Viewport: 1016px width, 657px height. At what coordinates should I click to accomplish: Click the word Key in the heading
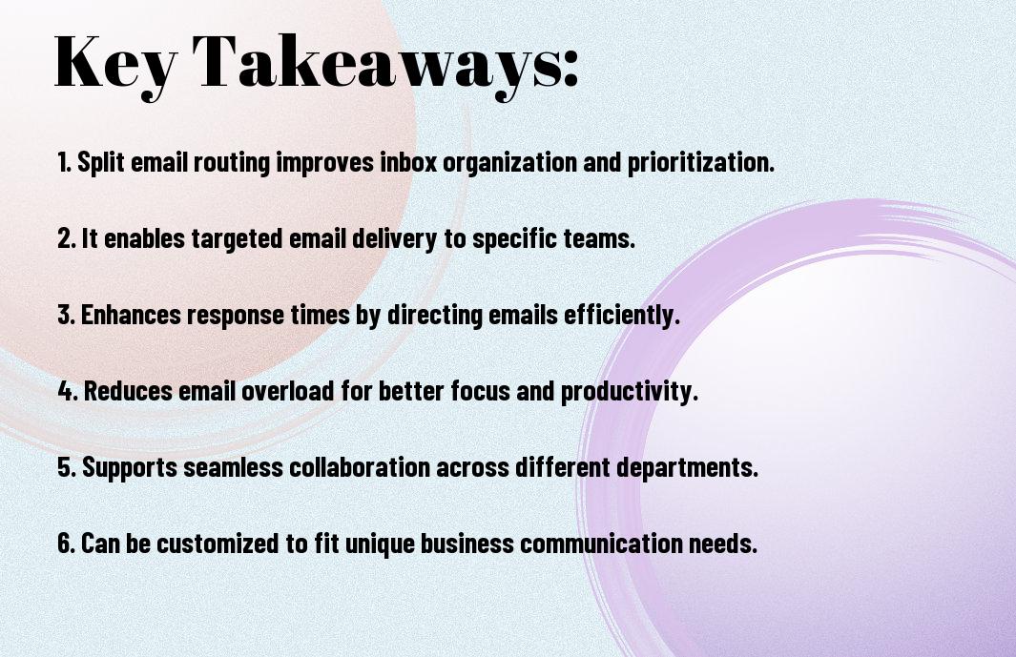pyautogui.click(x=115, y=64)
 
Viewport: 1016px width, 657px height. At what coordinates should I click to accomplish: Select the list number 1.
pyautogui.click(x=64, y=162)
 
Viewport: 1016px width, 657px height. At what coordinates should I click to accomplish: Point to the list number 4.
pyautogui.click(x=68, y=391)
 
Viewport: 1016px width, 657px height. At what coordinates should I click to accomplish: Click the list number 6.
pyautogui.click(x=67, y=543)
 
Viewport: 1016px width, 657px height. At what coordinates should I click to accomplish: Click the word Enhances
pyautogui.click(x=131, y=315)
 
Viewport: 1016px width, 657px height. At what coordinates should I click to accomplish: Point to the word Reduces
pyautogui.click(x=128, y=391)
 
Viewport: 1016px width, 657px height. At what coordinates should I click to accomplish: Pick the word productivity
pyautogui.click(x=630, y=392)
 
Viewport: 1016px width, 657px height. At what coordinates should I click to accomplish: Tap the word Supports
pyautogui.click(x=130, y=468)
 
